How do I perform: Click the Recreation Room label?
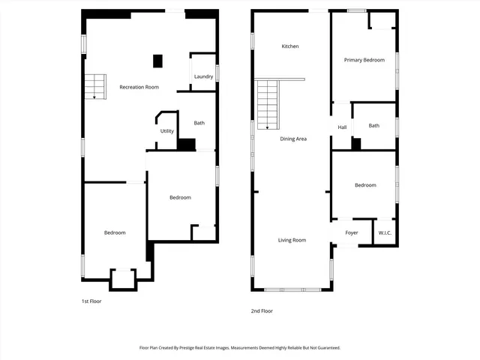coord(139,87)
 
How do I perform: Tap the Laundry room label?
coord(203,76)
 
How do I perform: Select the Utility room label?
coord(166,131)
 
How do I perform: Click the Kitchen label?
coord(290,46)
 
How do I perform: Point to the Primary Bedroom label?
coord(364,60)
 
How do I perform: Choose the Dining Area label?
coord(292,139)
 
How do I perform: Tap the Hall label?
coord(342,127)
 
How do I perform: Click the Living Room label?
coord(292,240)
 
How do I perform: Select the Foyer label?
coord(352,232)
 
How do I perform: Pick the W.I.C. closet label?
coord(385,232)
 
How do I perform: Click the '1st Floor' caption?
coord(91,301)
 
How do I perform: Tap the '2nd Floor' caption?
coord(262,310)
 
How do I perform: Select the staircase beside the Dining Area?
coord(268,104)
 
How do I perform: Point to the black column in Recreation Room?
coord(158,61)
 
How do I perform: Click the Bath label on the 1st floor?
coord(199,123)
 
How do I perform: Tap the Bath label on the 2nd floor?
coord(373,125)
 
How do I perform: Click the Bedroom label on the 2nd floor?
coord(365,185)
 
